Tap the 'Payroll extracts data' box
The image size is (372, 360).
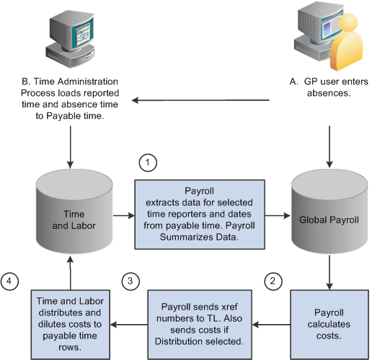tap(200, 215)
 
